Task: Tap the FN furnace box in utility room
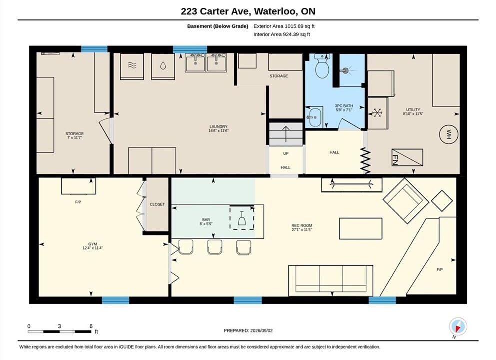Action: pos(407,157)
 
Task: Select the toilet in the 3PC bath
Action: pos(322,66)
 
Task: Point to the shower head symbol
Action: pos(346,71)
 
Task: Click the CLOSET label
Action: pos(157,204)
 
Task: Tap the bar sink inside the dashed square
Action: pos(242,218)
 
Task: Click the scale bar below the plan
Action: pos(59,332)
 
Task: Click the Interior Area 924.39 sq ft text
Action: pos(282,34)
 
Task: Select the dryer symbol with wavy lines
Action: pos(132,66)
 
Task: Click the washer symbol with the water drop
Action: pos(163,66)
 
